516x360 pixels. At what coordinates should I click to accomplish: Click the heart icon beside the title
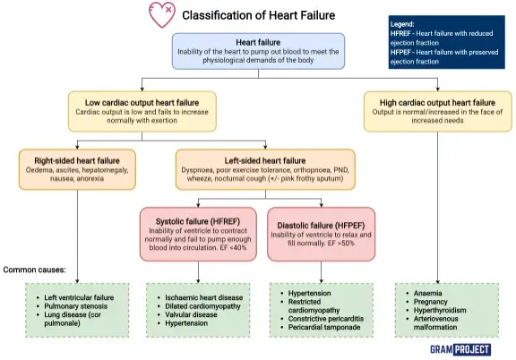coord(162,14)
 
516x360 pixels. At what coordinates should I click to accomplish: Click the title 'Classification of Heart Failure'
coord(259,15)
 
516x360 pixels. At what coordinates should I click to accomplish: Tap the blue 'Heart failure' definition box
coord(258,51)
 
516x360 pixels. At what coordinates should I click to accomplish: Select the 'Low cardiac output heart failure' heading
coord(142,103)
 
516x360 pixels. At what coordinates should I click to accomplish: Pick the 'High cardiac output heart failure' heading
coord(437,103)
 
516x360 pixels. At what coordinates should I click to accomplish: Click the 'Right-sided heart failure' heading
coord(77,160)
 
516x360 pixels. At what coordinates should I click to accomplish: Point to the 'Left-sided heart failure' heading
coord(265,160)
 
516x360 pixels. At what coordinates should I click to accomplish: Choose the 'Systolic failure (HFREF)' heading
coord(198,221)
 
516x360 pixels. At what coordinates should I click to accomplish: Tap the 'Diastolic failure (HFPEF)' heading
coord(321,226)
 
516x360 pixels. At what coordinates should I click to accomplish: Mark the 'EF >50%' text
coord(341,244)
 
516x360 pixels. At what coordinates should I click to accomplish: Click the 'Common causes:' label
coord(35,270)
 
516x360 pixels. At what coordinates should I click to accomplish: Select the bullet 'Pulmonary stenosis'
coord(75,306)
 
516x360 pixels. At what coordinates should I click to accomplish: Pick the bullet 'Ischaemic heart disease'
coord(203,297)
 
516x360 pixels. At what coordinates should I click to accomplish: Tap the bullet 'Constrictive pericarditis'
coord(326,319)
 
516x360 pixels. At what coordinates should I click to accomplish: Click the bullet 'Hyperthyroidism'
coord(440,311)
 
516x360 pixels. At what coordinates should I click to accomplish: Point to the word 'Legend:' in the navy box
coord(402,24)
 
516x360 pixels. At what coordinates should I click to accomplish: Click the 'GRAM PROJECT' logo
coord(460,349)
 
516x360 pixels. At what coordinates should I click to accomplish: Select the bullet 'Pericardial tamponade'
coord(324,327)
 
